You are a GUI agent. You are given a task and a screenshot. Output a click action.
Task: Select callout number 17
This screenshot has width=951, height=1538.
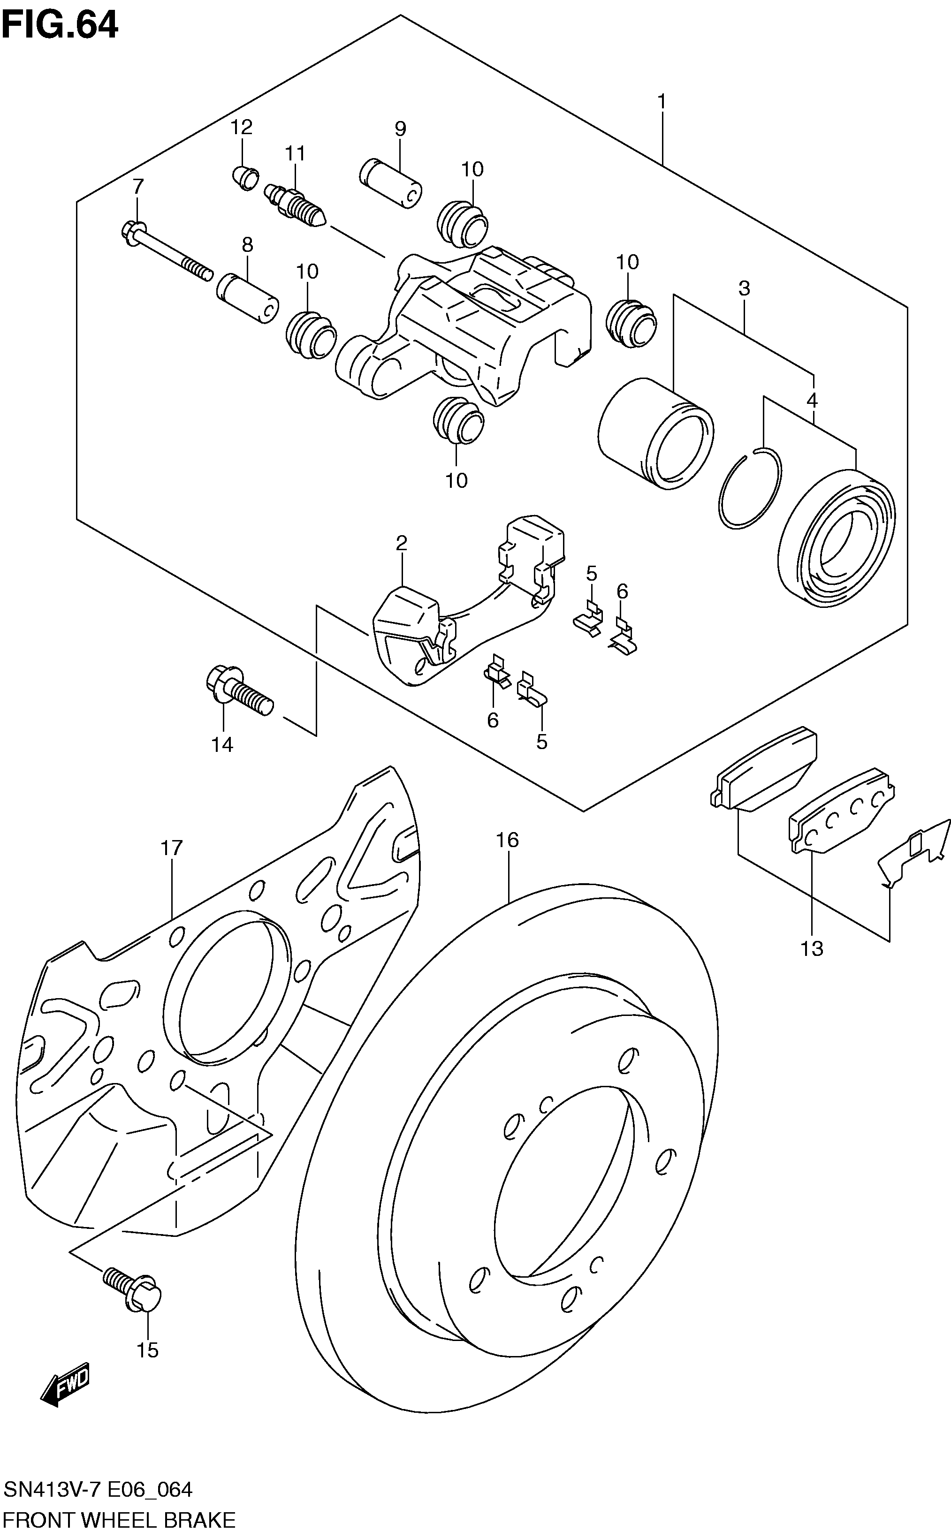pos(171,848)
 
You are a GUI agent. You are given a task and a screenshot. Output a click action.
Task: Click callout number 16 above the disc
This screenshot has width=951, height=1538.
pos(507,840)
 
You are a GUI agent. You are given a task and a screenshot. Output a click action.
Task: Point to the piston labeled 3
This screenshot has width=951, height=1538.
pos(655,433)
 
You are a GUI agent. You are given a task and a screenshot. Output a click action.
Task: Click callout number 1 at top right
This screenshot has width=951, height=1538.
pos(662,101)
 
